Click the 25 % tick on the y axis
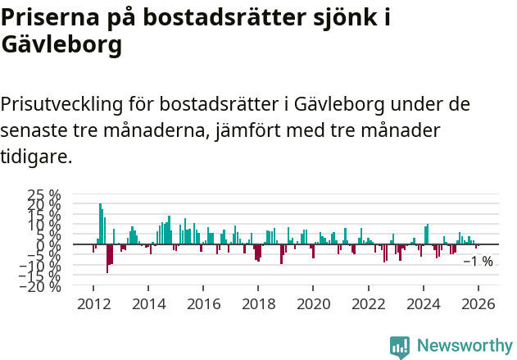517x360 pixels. [x=44, y=195]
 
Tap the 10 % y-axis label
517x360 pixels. [x=44, y=225]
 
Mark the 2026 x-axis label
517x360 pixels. [x=478, y=303]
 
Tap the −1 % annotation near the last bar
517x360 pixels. [x=478, y=262]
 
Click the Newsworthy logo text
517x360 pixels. [x=464, y=346]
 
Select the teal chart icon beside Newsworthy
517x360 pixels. [x=400, y=346]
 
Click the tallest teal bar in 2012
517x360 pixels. [x=100, y=223]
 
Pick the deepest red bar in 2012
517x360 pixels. [x=107, y=258]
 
